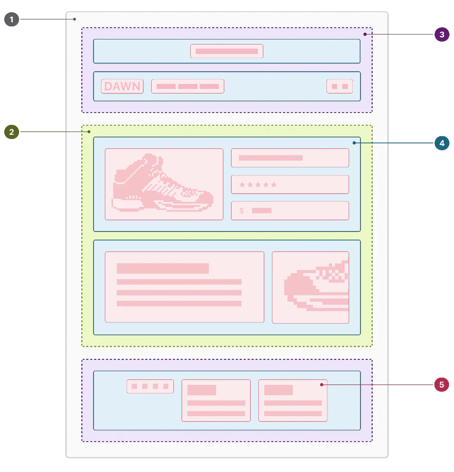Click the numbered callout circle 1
[x=11, y=20]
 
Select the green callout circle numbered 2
[x=11, y=132]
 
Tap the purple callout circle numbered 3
[x=442, y=34]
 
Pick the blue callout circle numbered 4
[x=442, y=143]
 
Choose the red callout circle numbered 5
[x=442, y=385]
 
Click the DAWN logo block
[x=123, y=86]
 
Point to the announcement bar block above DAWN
[x=227, y=51]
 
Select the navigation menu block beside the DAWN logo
[x=188, y=86]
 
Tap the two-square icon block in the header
[x=340, y=86]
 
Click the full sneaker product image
[x=164, y=184]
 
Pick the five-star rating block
[x=290, y=185]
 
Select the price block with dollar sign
[x=290, y=211]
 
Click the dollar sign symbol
[x=242, y=211]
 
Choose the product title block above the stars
[x=290, y=158]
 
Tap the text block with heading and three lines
[x=184, y=287]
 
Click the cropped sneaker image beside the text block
[x=311, y=287]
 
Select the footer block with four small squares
[x=150, y=386]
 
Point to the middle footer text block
[x=216, y=400]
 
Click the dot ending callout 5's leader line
[x=321, y=385]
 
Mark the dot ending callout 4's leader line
[x=354, y=143]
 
